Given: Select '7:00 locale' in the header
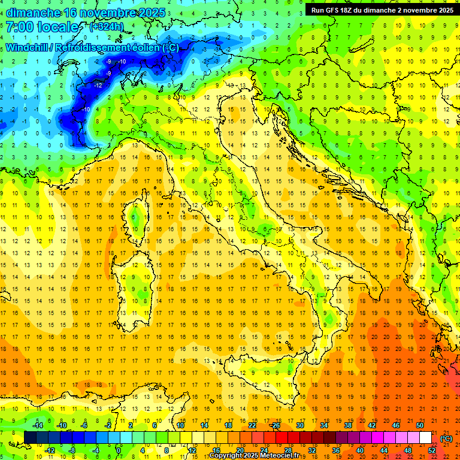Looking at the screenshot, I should pyautogui.click(x=42, y=27).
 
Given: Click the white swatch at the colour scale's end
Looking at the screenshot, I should pyautogui.click(x=425, y=438).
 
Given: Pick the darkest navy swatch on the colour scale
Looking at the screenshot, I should pyautogui.click(x=30, y=438).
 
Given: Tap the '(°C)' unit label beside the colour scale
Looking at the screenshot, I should pyautogui.click(x=446, y=438).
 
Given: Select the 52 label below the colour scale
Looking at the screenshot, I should pyautogui.click(x=431, y=450).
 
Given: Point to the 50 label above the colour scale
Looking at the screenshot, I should pyautogui.click(x=419, y=425).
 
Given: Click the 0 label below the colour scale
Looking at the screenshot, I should pyautogui.click(x=119, y=450).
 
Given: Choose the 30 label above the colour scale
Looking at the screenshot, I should pyautogui.click(x=299, y=425).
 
